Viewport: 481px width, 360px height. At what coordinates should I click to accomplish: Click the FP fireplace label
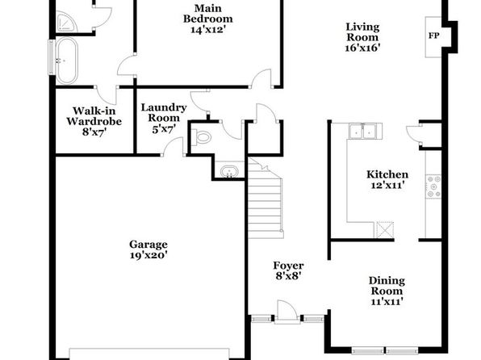(433, 36)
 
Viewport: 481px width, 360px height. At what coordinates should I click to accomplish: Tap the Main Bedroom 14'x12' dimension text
(208, 30)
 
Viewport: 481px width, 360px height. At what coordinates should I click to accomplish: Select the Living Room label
(362, 32)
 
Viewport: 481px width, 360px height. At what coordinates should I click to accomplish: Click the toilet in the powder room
(201, 136)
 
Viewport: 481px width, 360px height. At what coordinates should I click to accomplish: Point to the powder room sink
(229, 172)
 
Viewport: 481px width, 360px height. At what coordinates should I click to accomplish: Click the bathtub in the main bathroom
(67, 61)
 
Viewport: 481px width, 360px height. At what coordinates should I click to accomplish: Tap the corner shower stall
(65, 21)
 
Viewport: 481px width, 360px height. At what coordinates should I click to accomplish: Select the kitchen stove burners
(433, 186)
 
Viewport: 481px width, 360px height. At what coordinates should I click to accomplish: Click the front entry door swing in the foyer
(287, 312)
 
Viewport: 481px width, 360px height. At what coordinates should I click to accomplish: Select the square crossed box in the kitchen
(385, 229)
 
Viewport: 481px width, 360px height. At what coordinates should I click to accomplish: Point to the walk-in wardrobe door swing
(107, 95)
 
